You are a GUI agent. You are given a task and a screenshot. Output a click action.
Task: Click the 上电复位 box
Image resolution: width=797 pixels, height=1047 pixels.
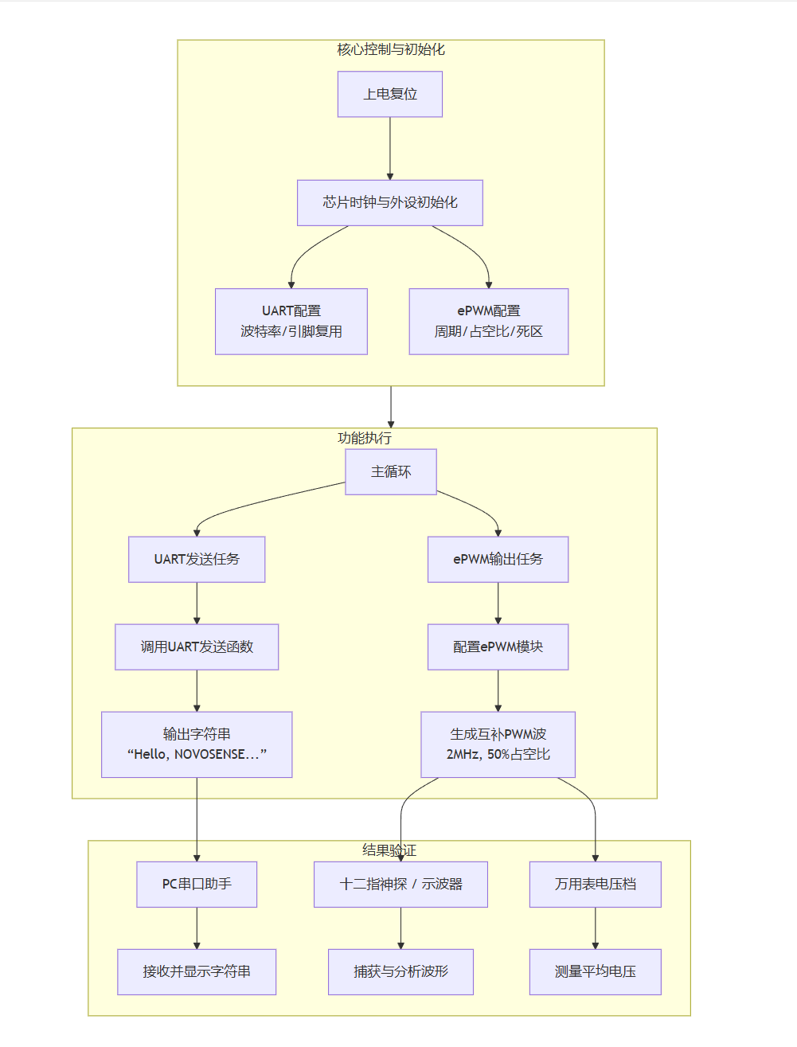(389, 94)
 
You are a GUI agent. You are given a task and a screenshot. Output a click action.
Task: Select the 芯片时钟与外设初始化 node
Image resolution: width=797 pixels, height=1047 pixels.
(389, 202)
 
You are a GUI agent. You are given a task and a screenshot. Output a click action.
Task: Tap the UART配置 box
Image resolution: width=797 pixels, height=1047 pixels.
(291, 321)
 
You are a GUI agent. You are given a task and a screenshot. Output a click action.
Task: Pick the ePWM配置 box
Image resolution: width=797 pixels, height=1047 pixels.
(488, 321)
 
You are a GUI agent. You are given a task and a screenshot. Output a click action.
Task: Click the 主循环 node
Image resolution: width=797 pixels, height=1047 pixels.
(390, 471)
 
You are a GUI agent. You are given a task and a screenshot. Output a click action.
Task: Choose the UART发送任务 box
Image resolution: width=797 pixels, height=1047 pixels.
(197, 559)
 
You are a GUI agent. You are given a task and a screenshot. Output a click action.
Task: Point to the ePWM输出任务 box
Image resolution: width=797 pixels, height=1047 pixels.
(498, 559)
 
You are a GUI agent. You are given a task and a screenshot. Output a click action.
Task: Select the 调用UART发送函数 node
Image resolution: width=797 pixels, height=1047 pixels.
(197, 647)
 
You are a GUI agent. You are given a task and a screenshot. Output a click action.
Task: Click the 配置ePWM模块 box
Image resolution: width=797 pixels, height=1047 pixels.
(498, 647)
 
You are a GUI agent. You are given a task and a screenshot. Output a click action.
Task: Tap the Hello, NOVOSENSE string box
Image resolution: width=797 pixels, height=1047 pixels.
(197, 744)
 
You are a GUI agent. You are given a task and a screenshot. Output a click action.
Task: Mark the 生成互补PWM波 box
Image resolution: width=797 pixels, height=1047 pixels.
(498, 744)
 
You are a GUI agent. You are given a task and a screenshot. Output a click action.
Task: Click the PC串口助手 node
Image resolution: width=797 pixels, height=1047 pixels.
(197, 884)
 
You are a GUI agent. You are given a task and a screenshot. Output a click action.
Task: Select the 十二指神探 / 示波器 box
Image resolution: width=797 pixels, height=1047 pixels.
(400, 884)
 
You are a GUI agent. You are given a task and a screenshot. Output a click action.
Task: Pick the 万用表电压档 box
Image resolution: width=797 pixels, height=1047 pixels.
(595, 884)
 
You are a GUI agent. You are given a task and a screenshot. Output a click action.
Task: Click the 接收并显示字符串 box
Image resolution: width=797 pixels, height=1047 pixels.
(197, 971)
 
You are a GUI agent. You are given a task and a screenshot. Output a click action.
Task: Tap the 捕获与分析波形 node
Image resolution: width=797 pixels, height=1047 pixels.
(400, 971)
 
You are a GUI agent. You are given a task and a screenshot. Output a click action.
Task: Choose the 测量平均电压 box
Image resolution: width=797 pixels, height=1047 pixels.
(595, 971)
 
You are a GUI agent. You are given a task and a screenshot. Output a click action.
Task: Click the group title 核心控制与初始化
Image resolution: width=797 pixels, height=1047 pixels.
(390, 49)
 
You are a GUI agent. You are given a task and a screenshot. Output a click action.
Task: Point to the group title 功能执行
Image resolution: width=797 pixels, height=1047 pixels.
(364, 438)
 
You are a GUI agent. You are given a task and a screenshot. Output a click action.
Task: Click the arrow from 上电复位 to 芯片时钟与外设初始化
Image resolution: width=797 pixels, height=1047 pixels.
(390, 148)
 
